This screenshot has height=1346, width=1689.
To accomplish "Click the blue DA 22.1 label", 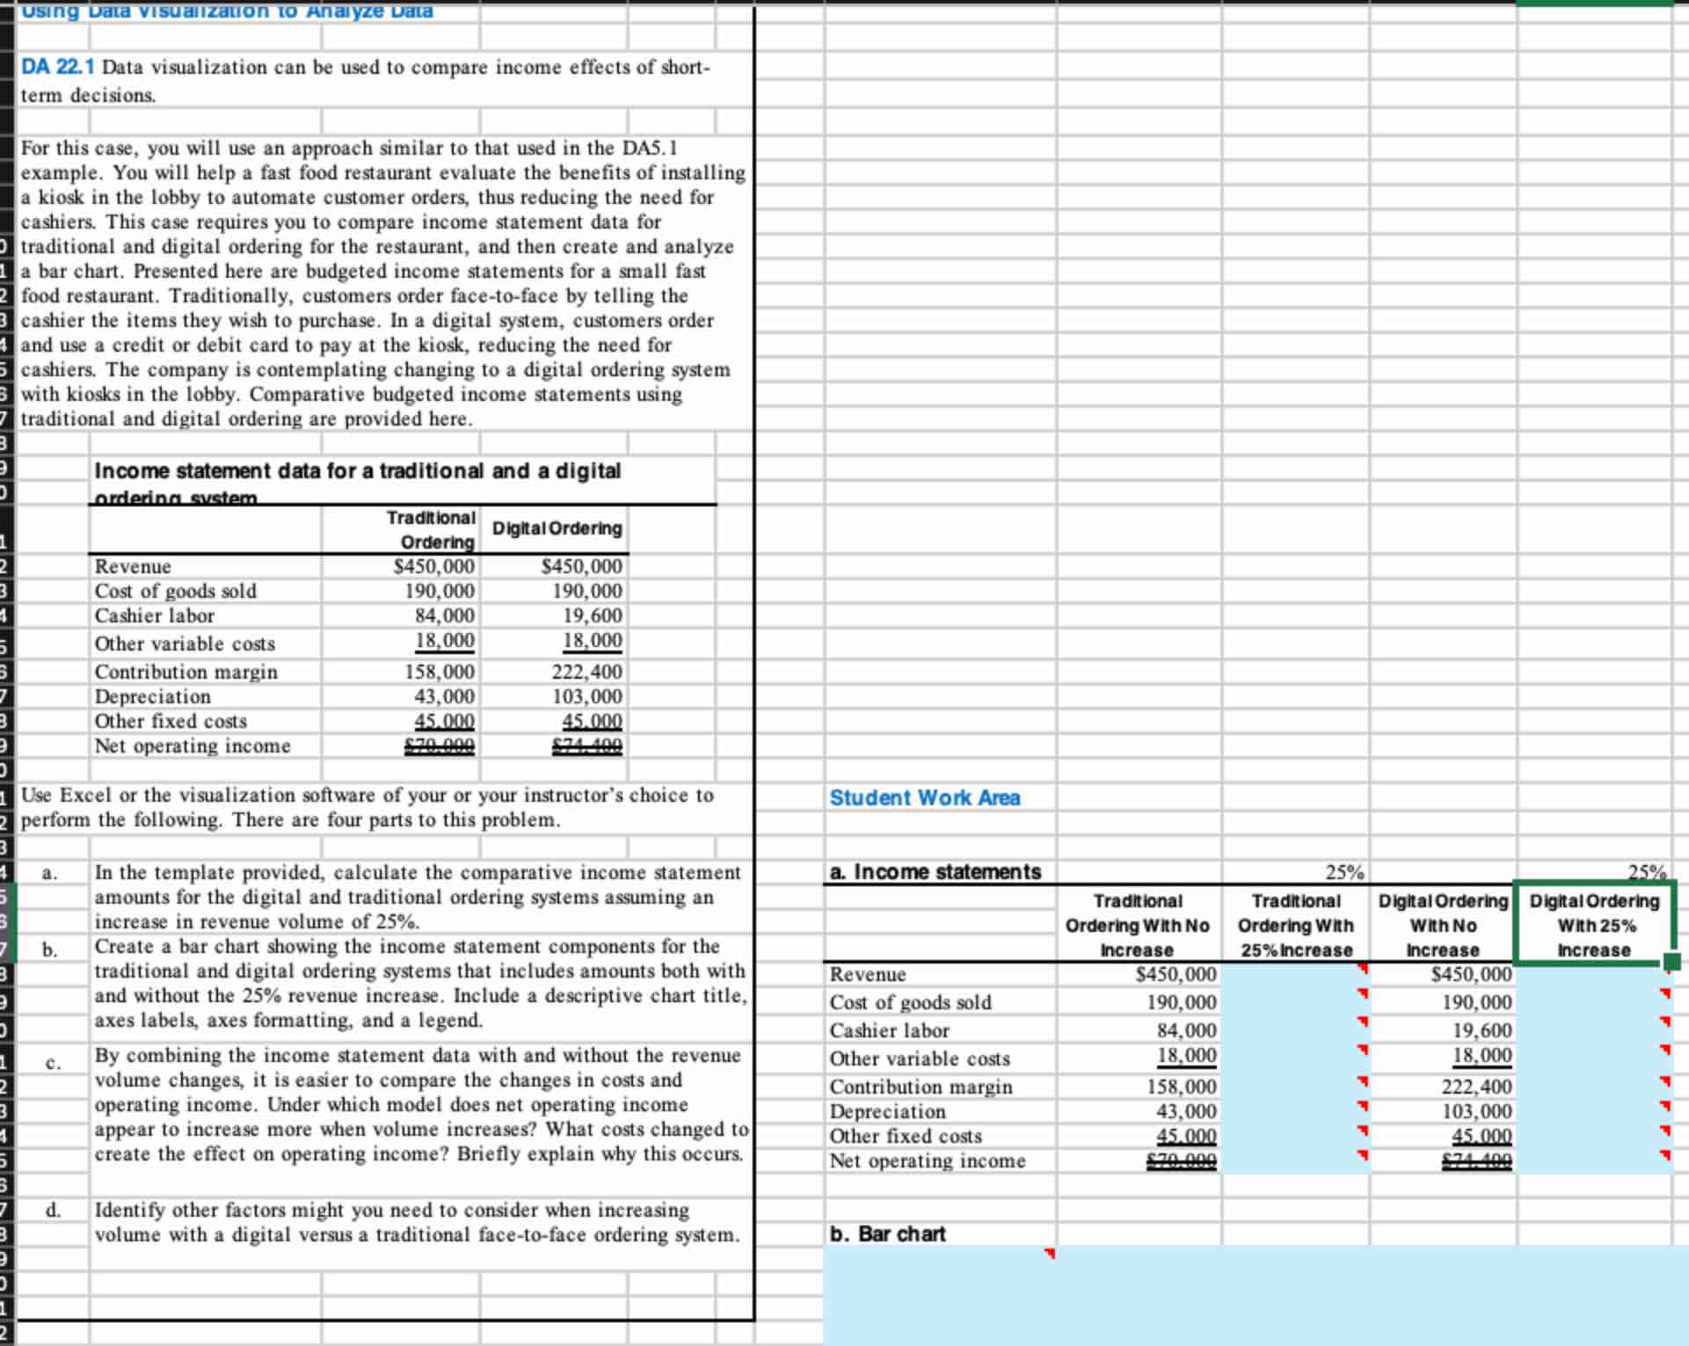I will [58, 68].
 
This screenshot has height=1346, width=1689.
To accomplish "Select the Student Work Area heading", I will [924, 797].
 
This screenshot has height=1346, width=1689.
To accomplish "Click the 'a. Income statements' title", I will [935, 871].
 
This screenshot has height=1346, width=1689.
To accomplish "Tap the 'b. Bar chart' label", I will [888, 1233].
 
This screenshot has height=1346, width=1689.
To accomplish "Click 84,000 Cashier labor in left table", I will [444, 615].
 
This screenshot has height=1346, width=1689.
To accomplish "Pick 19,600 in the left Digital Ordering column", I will [592, 615].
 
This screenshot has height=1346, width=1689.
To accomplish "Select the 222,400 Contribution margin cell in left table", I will [586, 672].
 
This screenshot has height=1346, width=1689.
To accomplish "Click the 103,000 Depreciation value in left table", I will [586, 696].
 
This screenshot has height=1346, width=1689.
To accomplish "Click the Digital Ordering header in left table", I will [557, 528].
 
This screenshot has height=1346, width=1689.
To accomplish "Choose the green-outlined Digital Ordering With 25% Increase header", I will [1594, 925].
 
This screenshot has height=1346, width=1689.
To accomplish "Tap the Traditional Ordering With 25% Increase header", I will [1296, 925].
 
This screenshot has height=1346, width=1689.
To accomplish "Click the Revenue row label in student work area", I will [868, 974].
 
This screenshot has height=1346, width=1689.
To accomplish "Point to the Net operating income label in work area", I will [928, 1160].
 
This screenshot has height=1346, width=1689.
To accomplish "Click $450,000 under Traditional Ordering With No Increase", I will [1176, 974].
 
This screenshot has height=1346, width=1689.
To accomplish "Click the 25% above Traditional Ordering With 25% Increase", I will [1344, 872].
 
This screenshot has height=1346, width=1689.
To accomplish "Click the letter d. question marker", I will [53, 1210].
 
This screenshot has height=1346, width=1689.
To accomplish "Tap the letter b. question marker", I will [50, 949].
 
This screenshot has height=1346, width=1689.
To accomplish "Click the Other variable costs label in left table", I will [185, 644].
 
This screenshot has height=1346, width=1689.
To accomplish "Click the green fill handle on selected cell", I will [1671, 963].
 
